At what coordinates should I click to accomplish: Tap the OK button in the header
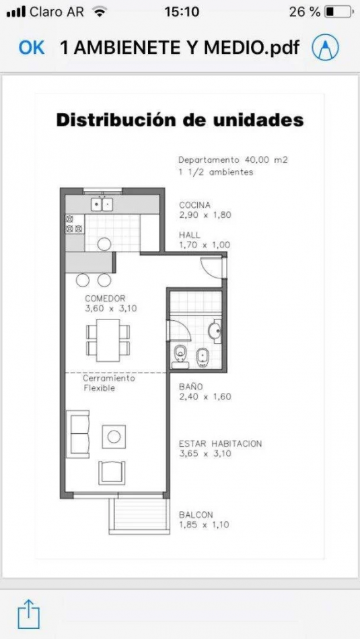tap(32, 48)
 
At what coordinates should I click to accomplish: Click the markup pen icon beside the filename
tap(325, 47)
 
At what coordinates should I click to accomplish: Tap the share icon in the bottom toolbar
tap(28, 613)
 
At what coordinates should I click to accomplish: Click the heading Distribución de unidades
tap(180, 120)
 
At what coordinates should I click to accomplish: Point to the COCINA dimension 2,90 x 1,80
tap(205, 215)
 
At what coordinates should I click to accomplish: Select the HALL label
tap(190, 235)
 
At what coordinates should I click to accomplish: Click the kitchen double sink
tap(102, 204)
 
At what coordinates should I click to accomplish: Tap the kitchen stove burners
tap(74, 224)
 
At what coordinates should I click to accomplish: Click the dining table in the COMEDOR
tap(108, 340)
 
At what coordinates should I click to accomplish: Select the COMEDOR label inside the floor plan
tap(105, 298)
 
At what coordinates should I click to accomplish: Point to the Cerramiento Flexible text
tap(109, 383)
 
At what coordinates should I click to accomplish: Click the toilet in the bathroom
tap(180, 356)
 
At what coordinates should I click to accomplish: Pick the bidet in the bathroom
tap(203, 357)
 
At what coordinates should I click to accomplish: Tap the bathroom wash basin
tap(215, 331)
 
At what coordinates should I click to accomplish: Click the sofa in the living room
tap(78, 434)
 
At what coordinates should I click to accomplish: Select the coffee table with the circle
tap(114, 437)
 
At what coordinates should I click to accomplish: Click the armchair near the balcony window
tap(112, 473)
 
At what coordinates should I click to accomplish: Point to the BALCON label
tap(196, 515)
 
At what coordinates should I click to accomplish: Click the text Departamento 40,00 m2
tap(233, 160)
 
